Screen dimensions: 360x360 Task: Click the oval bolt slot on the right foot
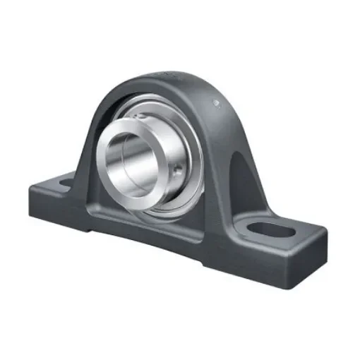point(276,229)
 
